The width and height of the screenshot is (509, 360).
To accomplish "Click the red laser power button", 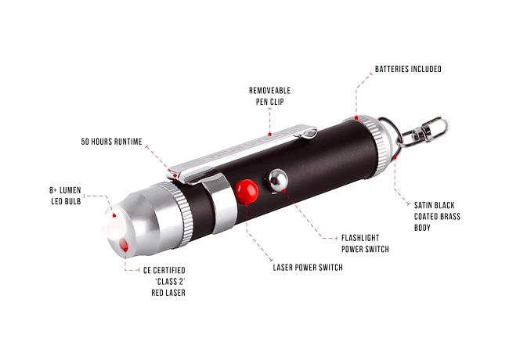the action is tap(247, 192).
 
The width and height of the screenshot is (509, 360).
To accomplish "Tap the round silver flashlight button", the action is tap(277, 180).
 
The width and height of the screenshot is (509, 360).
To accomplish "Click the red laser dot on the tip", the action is tap(124, 244).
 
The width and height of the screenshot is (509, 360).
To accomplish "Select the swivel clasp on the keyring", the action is tap(425, 131).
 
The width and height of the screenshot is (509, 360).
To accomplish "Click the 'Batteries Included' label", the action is tap(408, 69).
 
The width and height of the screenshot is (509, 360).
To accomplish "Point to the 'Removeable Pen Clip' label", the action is tap(269, 96).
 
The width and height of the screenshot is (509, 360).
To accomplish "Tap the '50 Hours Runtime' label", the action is tap(111, 142).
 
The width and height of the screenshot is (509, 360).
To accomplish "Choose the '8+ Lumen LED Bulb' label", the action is tap(65, 196).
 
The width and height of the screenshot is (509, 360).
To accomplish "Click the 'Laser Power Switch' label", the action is tap(308, 268).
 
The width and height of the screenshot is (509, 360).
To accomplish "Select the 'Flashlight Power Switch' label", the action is tap(365, 243).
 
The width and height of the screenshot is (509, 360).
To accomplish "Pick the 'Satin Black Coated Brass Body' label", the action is tap(437, 216).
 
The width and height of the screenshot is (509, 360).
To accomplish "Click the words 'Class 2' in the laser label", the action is tap(170, 282).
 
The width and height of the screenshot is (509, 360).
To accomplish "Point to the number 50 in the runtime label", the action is tap(85, 142).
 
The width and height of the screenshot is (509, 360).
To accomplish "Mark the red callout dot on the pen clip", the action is tap(269, 134).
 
